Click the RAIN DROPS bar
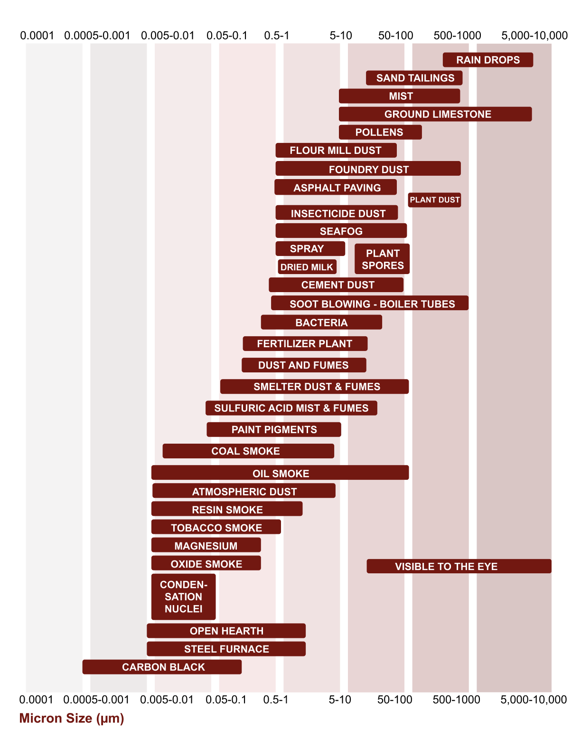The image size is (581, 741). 487,60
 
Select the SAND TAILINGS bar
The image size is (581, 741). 414,78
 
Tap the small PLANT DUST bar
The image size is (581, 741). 434,200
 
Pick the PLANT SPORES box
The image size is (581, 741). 382,259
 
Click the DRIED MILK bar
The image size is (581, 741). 307,267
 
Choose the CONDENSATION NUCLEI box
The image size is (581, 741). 183,597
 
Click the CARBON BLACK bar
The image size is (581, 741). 162,667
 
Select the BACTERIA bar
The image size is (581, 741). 321,323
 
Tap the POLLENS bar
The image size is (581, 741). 380,132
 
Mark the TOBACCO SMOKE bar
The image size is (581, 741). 216,527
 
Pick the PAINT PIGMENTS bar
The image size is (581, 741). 274,429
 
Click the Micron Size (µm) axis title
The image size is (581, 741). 72,718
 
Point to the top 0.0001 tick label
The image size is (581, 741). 37,36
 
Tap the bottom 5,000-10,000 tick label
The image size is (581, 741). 534,700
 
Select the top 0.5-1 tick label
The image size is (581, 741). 277,36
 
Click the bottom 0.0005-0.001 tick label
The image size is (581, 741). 96,700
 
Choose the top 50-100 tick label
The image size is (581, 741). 396,36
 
